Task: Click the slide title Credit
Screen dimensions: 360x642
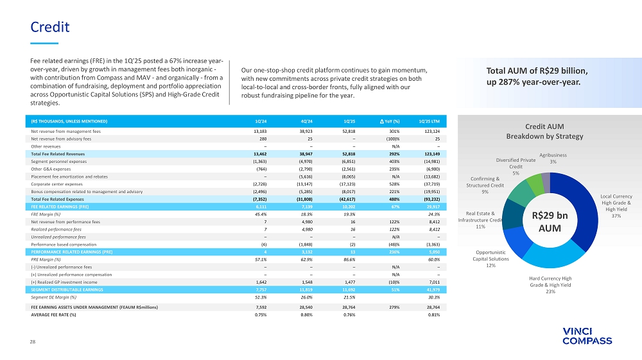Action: tap(50, 27)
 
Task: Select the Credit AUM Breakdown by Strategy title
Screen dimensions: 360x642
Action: tap(544, 132)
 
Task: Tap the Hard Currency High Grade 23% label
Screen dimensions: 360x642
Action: tap(550, 285)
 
